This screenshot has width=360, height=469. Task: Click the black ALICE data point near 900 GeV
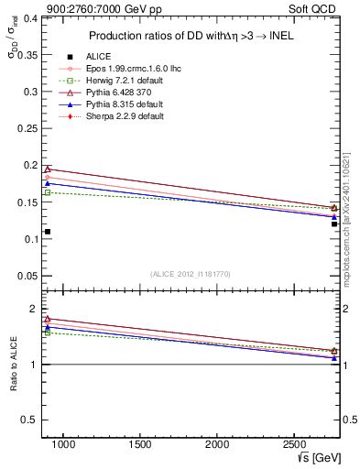click(48, 232)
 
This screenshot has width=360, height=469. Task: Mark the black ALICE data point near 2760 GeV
click(334, 224)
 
